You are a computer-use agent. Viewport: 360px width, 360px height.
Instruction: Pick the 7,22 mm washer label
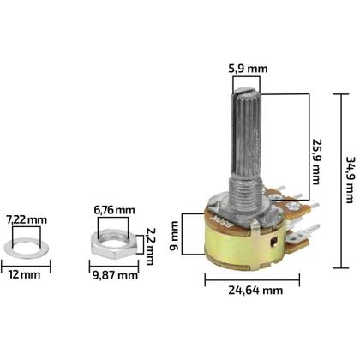pos(27,220)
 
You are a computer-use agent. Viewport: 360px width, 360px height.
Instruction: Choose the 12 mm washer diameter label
pos(26,275)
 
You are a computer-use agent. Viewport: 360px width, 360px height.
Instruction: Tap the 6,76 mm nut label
pos(114,210)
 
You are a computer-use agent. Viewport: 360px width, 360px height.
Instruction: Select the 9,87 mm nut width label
pos(115,275)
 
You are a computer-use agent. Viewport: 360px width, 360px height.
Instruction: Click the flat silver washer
pos(27,249)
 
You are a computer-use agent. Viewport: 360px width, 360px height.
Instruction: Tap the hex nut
pos(114,248)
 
